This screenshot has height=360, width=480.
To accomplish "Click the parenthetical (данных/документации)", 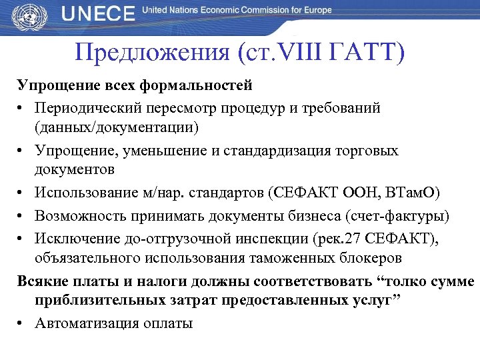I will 127,126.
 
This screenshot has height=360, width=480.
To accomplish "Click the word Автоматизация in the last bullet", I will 91,323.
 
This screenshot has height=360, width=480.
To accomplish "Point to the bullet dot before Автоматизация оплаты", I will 22,324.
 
